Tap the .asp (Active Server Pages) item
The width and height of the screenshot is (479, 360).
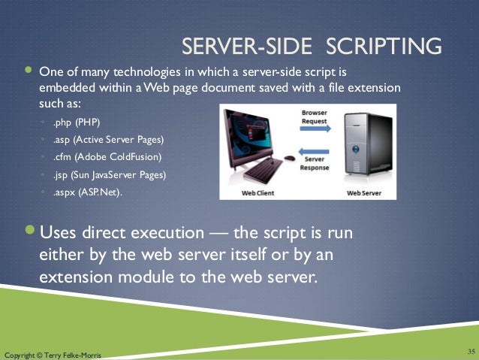[107, 140]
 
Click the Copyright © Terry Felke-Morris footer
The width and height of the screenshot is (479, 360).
[52, 354]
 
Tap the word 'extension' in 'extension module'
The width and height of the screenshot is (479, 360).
[72, 277]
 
